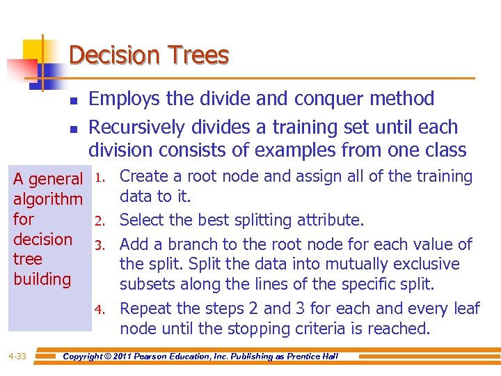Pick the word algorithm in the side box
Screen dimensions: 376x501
pyautogui.click(x=48, y=200)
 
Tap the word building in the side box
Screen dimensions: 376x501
pyautogui.click(x=42, y=279)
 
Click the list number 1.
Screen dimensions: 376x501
pyautogui.click(x=101, y=178)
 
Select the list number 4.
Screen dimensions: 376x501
pyautogui.click(x=100, y=309)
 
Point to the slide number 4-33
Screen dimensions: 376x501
pyautogui.click(x=17, y=357)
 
